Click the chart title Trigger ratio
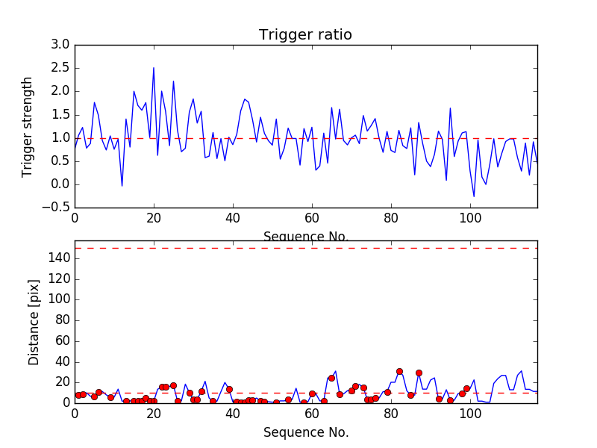(305, 35)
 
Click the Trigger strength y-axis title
(28, 126)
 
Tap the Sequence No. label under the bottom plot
(305, 432)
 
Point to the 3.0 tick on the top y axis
(60, 45)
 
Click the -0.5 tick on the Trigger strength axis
(57, 208)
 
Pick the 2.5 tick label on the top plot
(60, 68)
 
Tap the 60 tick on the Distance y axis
(62, 340)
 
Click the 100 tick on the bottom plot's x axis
(470, 414)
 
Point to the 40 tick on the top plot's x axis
(233, 219)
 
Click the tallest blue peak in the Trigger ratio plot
(154, 68)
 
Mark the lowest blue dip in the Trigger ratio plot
(474, 196)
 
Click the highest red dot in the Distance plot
(399, 371)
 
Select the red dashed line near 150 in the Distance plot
(305, 248)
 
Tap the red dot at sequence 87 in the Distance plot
(419, 373)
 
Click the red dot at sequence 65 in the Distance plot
(331, 378)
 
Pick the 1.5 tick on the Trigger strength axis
(60, 114)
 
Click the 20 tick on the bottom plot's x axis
(154, 414)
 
